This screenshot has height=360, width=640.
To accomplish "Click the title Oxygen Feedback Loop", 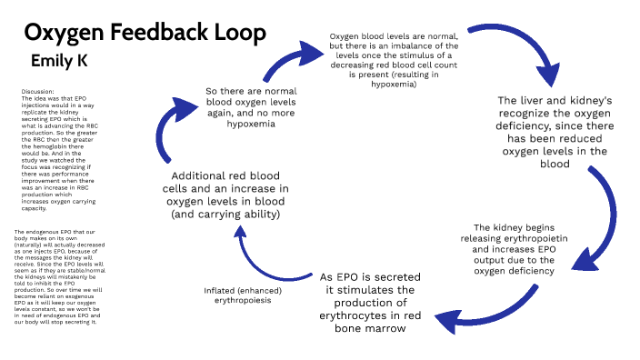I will (145, 33).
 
